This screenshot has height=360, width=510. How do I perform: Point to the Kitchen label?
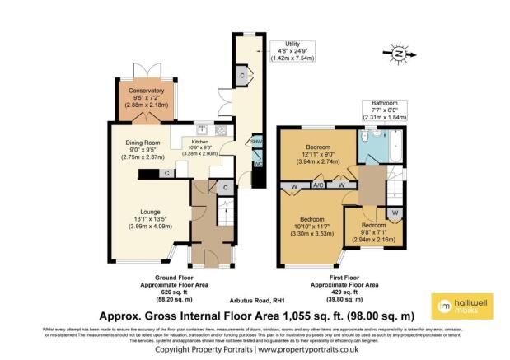point(202,141)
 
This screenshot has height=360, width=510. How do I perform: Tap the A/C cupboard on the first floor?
point(317,186)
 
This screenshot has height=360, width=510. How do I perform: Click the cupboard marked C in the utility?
point(241,75)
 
